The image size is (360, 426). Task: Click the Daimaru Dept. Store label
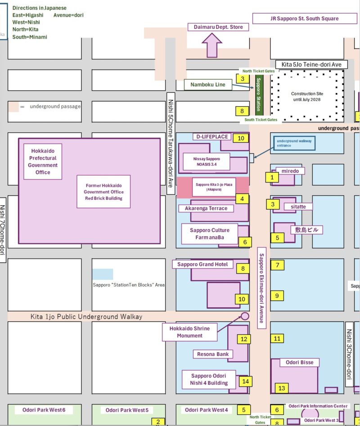click(218, 27)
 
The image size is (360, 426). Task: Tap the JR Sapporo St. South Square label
click(304, 18)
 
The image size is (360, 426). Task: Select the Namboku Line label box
click(207, 85)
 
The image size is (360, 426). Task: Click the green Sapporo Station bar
click(259, 95)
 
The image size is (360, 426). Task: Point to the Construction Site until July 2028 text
click(310, 96)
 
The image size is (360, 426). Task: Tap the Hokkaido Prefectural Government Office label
click(43, 161)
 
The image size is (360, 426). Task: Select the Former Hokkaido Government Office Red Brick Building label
click(103, 192)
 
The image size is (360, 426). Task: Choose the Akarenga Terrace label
click(206, 208)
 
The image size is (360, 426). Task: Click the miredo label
click(293, 171)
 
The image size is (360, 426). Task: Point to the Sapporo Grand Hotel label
click(202, 264)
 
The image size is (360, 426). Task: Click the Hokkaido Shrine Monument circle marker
click(245, 316)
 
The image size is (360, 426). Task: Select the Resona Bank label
click(213, 354)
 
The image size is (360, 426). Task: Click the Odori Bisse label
click(300, 362)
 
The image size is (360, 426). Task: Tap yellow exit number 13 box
click(282, 388)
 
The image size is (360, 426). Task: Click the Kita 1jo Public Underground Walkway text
click(86, 317)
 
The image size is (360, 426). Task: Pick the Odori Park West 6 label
click(44, 410)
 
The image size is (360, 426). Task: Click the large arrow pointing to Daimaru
click(212, 45)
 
